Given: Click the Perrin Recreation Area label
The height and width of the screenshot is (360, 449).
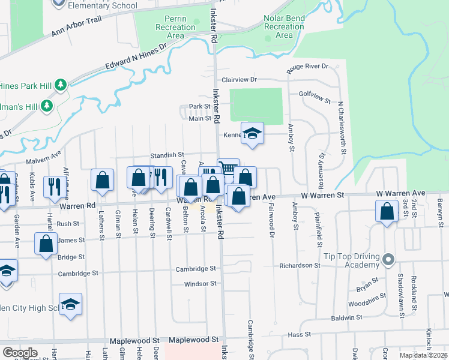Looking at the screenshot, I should pyautogui.click(x=175, y=27).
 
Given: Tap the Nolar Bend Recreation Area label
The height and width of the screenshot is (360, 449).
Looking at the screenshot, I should pyautogui.click(x=284, y=27).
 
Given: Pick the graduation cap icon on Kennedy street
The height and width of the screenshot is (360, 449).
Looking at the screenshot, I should pyautogui.click(x=252, y=134).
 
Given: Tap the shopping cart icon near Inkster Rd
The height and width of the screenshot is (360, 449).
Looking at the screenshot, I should pyautogui.click(x=228, y=169).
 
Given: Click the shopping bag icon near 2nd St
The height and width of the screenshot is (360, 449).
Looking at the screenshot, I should pyautogui.click(x=387, y=211).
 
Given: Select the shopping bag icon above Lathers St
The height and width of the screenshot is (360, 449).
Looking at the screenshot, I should pyautogui.click(x=102, y=179).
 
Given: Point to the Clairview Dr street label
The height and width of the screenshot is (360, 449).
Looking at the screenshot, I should pyautogui.click(x=239, y=79).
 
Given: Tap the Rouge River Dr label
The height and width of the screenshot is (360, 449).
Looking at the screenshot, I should pyautogui.click(x=308, y=67).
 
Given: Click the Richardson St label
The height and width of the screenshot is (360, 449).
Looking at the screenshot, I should pyautogui.click(x=300, y=265).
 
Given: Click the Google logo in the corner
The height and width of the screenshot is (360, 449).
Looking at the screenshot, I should pyautogui.click(x=20, y=353).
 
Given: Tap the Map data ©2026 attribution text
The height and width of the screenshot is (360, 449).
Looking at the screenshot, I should pyautogui.click(x=423, y=355).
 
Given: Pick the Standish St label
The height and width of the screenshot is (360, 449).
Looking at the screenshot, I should pyautogui.click(x=167, y=155).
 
